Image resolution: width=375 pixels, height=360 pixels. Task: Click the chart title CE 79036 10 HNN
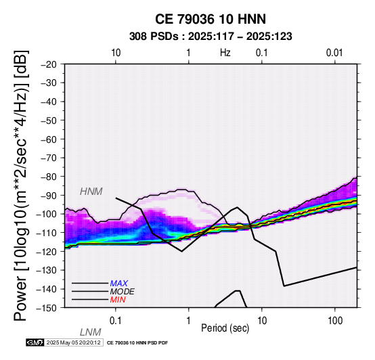pyautogui.click(x=211, y=19)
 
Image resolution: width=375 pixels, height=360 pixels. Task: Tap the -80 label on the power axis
pyautogui.click(x=49, y=177)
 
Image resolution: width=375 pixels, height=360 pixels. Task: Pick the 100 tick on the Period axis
pyautogui.click(x=335, y=321)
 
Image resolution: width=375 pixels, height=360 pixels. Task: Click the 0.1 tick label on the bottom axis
pyautogui.click(x=116, y=321)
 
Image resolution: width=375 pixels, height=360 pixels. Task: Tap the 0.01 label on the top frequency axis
pyautogui.click(x=335, y=53)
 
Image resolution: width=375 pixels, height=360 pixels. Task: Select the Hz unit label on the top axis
pyautogui.click(x=225, y=53)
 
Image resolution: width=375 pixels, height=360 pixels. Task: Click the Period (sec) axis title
pyautogui.click(x=225, y=328)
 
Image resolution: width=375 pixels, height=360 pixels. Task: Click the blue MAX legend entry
pyautogui.click(x=119, y=284)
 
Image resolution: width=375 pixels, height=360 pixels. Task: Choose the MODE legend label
pyautogui.click(x=123, y=292)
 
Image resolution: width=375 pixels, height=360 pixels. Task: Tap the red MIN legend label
pyautogui.click(x=118, y=300)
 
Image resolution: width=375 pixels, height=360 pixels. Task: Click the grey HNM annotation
pyautogui.click(x=91, y=192)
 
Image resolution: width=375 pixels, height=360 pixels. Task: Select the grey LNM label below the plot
pyautogui.click(x=91, y=332)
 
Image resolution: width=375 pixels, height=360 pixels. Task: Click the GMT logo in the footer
pyautogui.click(x=35, y=342)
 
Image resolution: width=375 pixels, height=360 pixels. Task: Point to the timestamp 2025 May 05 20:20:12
pyautogui.click(x=73, y=342)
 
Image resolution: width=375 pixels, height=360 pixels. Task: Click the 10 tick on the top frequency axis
pyautogui.click(x=116, y=53)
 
